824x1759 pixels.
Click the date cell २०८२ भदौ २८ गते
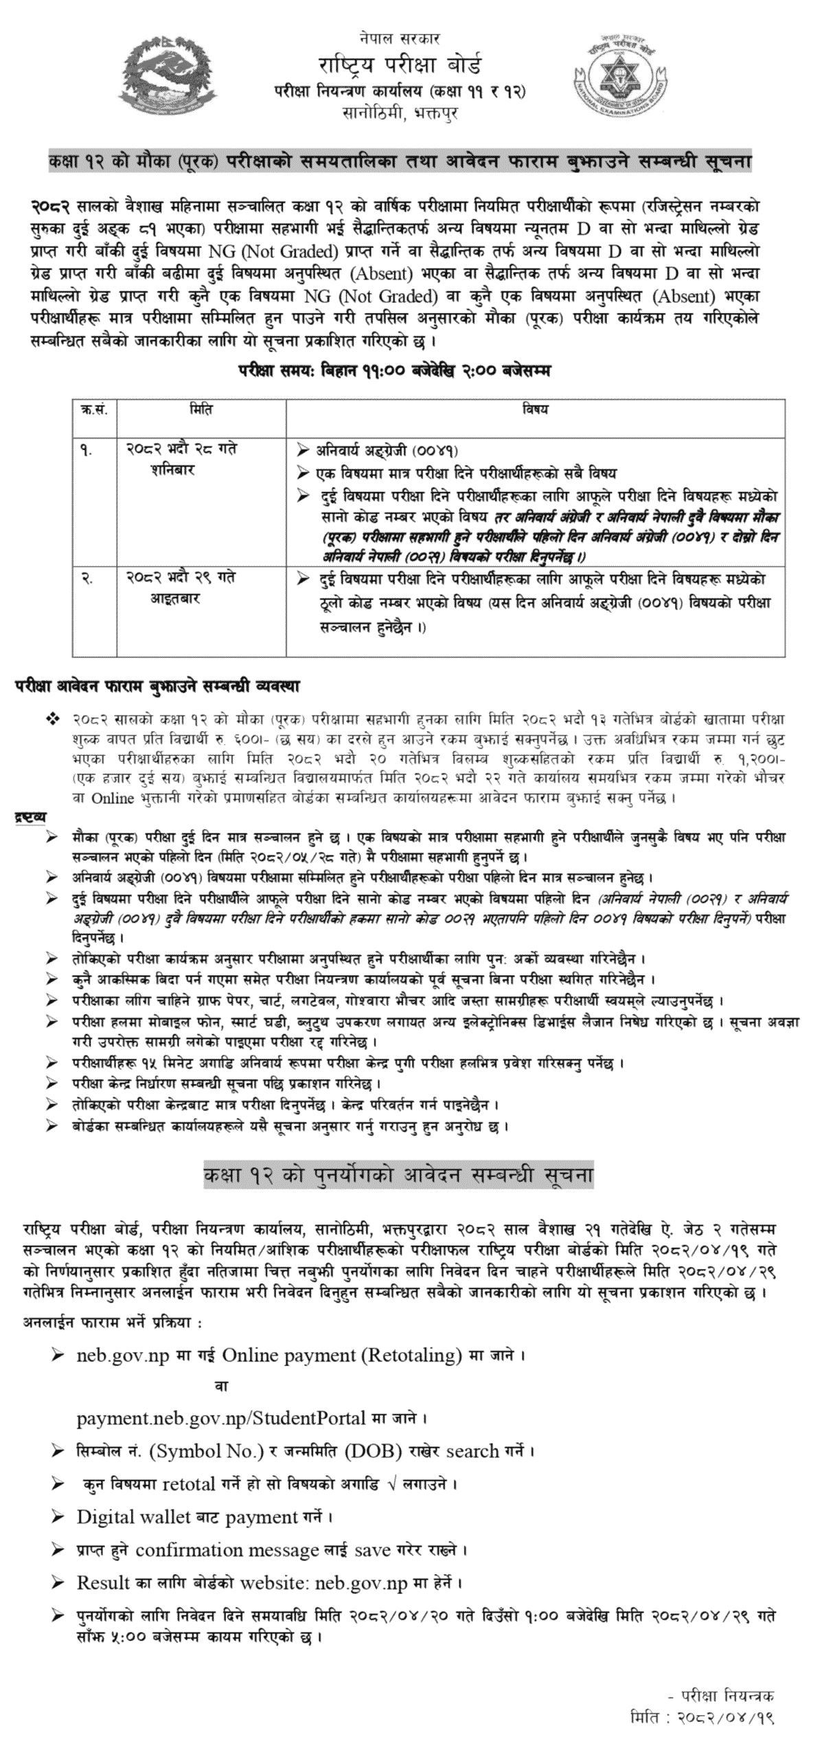pos(181,449)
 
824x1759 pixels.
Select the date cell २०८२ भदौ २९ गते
pos(181,578)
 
